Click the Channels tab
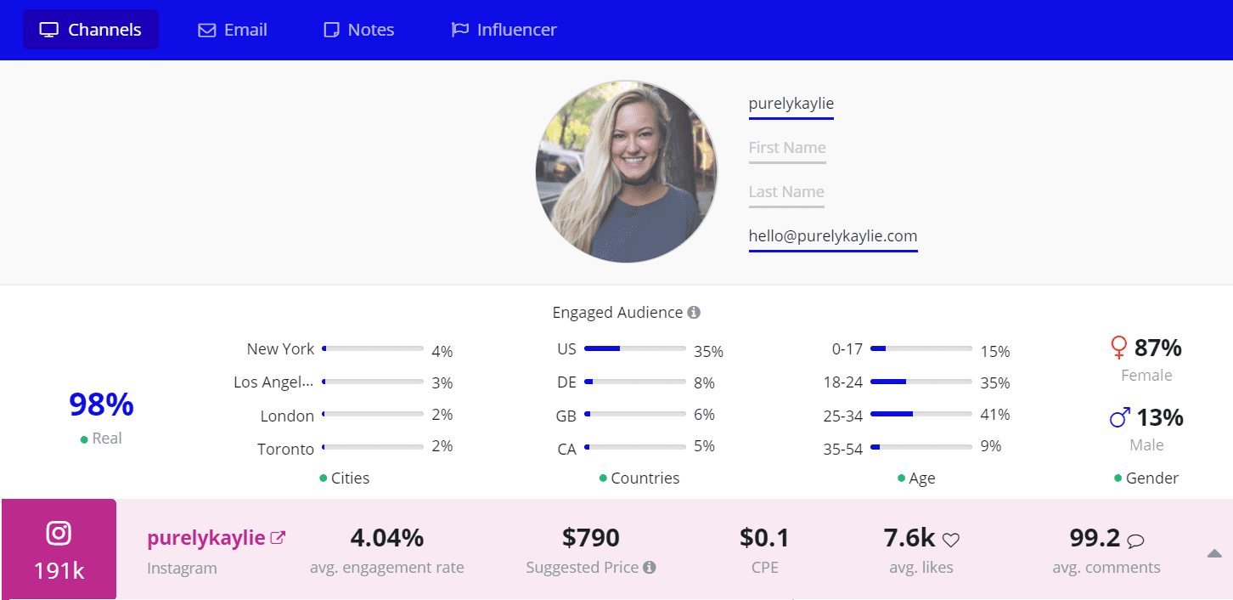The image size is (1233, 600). click(91, 30)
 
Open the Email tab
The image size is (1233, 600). click(233, 30)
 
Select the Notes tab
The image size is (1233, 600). click(359, 30)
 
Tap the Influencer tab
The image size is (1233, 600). click(504, 30)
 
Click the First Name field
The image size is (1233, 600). click(787, 148)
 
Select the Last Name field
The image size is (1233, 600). click(786, 192)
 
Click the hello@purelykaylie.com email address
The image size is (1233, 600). click(832, 236)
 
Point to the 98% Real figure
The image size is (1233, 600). click(101, 405)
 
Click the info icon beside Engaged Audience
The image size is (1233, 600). click(694, 313)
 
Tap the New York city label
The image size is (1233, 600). click(280, 349)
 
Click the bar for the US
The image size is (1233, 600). click(634, 348)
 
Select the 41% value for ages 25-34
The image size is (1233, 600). click(995, 415)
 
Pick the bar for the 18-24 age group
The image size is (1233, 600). click(921, 382)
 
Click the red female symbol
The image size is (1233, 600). click(1119, 348)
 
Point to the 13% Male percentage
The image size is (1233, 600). click(1159, 417)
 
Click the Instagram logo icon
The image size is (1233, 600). click(59, 534)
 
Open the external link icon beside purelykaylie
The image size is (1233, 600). click(278, 538)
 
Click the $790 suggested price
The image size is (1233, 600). click(590, 538)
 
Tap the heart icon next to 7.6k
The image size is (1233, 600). click(951, 540)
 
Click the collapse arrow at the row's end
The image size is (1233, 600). click(1214, 554)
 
